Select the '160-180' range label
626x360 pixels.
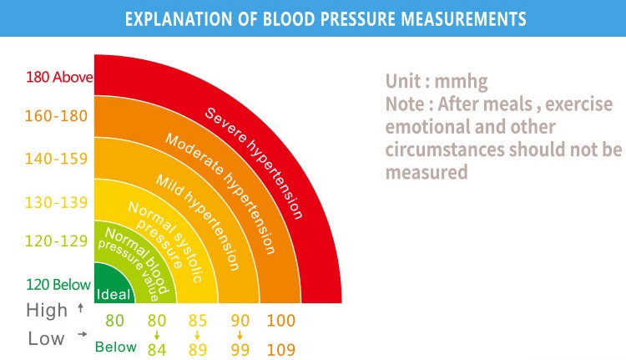tap(56, 116)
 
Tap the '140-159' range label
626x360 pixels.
tap(56, 159)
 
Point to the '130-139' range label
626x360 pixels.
tap(56, 201)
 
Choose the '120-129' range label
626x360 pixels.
tap(56, 241)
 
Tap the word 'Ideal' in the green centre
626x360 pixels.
tap(113, 294)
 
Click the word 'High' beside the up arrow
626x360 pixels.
tap(47, 311)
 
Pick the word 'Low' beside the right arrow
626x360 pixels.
tap(46, 338)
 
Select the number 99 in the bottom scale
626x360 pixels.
tap(240, 349)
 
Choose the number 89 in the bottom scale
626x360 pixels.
tap(199, 349)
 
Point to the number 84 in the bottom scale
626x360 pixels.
tap(157, 349)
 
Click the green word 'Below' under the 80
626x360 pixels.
tap(115, 347)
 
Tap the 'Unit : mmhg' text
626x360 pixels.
tap(436, 82)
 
